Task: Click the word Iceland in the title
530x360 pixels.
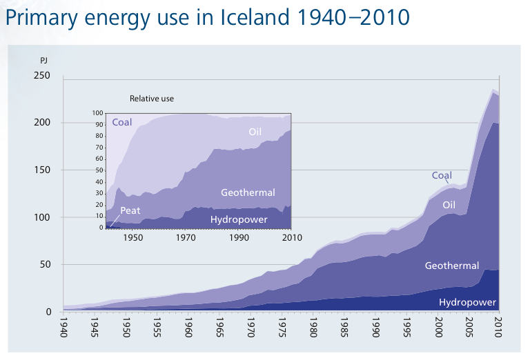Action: pyautogui.click(x=255, y=17)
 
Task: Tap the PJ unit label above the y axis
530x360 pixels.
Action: pyautogui.click(x=44, y=61)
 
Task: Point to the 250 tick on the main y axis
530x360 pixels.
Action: pyautogui.click(x=42, y=75)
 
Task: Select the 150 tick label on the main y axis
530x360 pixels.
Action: pyautogui.click(x=42, y=170)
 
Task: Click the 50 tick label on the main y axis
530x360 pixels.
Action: pyautogui.click(x=46, y=264)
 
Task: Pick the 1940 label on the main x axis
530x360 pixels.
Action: pyautogui.click(x=63, y=328)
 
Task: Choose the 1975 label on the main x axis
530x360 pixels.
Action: pyautogui.click(x=282, y=328)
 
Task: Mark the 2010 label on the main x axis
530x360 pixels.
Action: pyautogui.click(x=498, y=328)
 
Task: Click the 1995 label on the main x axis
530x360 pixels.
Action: pyautogui.click(x=407, y=328)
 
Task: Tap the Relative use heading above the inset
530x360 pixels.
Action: pyautogui.click(x=152, y=99)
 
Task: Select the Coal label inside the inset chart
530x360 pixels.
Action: pyautogui.click(x=122, y=122)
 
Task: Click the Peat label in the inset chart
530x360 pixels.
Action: pyautogui.click(x=130, y=211)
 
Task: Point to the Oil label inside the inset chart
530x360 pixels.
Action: pyautogui.click(x=255, y=132)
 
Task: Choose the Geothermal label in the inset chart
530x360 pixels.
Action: pyautogui.click(x=248, y=192)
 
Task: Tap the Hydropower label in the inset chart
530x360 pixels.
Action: pyautogui.click(x=239, y=220)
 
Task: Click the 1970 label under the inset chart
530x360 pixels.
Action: pyautogui.click(x=186, y=238)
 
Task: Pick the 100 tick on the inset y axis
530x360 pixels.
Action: pyautogui.click(x=98, y=113)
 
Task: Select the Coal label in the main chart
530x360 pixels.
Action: pyautogui.click(x=442, y=175)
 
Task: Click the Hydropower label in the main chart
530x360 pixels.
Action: pyautogui.click(x=467, y=302)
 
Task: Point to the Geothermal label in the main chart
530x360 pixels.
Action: pyautogui.click(x=452, y=266)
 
